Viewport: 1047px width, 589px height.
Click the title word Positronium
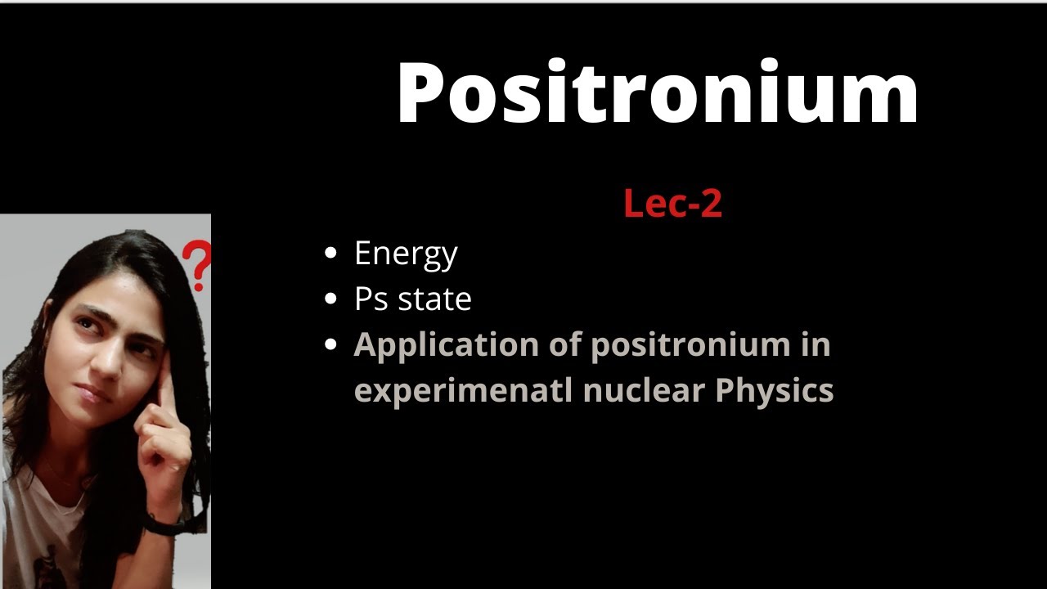point(658,93)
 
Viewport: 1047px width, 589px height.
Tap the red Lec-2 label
point(672,203)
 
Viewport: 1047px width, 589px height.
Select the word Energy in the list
point(406,254)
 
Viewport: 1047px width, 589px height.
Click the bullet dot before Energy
point(331,253)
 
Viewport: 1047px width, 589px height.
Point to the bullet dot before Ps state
point(331,299)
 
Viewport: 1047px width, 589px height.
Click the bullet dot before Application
point(331,344)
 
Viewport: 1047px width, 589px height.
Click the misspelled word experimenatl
point(463,391)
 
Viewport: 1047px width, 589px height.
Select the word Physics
point(774,391)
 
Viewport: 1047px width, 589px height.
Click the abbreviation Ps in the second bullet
point(371,299)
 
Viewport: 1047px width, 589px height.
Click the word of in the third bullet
point(562,344)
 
